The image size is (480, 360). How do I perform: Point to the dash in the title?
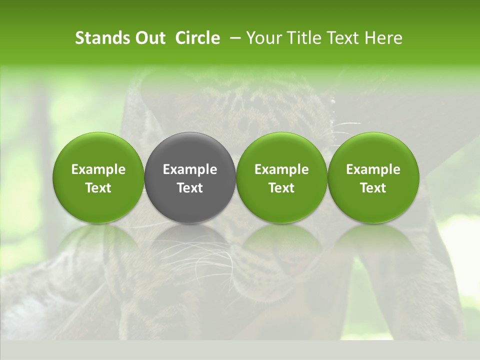(233, 38)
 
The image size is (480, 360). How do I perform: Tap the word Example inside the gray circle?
(190, 170)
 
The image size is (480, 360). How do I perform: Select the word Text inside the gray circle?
(190, 188)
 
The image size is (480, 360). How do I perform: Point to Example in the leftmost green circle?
(98, 170)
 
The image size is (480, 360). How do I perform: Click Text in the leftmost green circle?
(98, 188)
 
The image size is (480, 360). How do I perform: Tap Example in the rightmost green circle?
(373, 170)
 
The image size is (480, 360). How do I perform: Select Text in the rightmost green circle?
(373, 188)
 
